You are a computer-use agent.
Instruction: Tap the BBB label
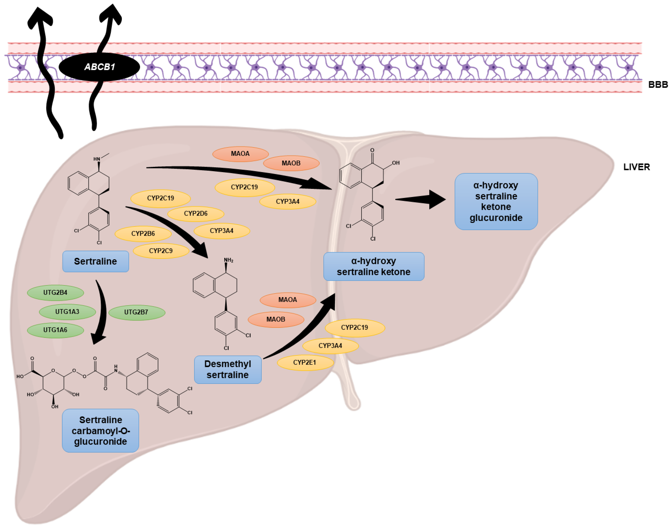click(x=658, y=85)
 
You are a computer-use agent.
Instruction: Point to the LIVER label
click(x=636, y=167)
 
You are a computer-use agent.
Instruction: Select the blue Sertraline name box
click(x=96, y=261)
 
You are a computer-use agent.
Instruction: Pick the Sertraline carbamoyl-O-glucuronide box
click(x=100, y=430)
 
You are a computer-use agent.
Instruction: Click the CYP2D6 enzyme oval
click(x=196, y=213)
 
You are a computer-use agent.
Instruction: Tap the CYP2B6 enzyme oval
click(x=143, y=234)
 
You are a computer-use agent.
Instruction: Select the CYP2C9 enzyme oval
click(x=161, y=251)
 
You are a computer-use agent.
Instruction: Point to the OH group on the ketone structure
click(x=396, y=163)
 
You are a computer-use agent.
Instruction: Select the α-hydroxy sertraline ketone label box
click(x=374, y=266)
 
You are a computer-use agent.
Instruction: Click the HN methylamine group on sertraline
click(x=97, y=159)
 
